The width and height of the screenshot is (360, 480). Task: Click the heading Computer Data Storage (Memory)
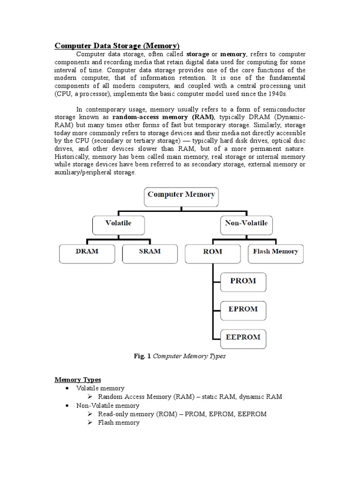pos(117,45)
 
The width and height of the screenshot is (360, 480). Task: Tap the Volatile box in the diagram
pos(118,223)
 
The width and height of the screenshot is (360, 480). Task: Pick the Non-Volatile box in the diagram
pos(246,223)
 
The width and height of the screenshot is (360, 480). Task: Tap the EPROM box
pos(243,309)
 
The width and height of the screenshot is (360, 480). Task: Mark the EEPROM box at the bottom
pos(243,337)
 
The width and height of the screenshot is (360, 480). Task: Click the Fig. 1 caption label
pos(142,356)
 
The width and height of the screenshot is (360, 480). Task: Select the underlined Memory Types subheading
pos(78,379)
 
